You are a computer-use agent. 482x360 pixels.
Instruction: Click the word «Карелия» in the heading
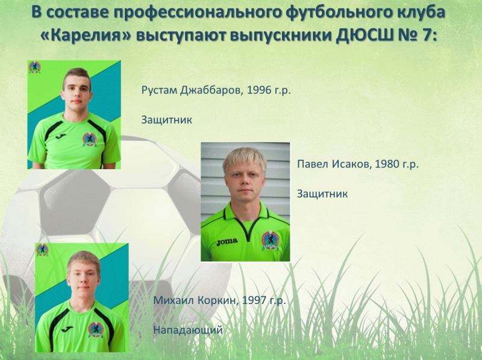coord(86,35)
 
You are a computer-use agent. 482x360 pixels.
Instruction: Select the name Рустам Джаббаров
coord(190,90)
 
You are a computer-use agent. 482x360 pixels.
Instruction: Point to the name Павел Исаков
coord(334,164)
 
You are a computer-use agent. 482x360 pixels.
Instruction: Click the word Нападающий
coord(188,331)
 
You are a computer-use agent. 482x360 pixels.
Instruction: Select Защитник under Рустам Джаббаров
coord(167,120)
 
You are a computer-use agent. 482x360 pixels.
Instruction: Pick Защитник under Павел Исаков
coord(322,194)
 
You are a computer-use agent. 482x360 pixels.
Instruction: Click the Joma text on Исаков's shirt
coord(227,242)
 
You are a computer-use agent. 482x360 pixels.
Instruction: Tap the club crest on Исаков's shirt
coord(270,240)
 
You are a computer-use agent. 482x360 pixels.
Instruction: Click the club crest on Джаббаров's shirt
coord(90,139)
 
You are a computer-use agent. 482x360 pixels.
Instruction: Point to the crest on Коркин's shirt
coord(96,330)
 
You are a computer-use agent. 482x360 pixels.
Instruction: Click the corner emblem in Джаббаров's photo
coord(35,67)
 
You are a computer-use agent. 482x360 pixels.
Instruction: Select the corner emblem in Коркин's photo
coord(42,250)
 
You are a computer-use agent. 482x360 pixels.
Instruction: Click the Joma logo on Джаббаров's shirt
coord(61,136)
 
